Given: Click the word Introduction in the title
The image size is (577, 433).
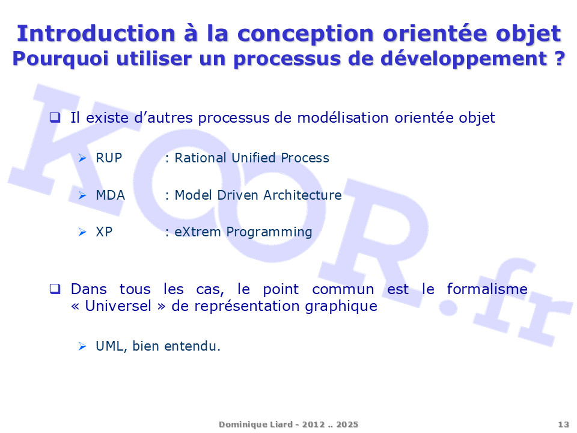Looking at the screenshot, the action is tap(96, 33).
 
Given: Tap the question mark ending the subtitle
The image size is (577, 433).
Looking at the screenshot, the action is tap(560, 58).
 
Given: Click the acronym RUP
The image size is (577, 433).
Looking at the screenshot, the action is tap(109, 158).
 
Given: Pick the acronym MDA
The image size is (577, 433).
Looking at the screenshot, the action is tap(111, 195).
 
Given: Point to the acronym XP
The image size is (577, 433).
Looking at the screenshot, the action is tap(104, 232).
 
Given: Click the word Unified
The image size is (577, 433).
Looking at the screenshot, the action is tap(254, 158).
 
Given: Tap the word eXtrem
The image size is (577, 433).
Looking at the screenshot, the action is tap(198, 232).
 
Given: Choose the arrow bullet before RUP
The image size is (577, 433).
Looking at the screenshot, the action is tap(82, 158).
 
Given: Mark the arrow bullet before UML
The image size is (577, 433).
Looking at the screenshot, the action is tap(82, 346).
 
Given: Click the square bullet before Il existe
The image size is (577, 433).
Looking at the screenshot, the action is tap(55, 117).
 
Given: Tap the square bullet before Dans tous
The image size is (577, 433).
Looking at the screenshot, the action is tap(55, 289).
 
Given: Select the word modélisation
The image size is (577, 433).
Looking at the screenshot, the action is tap(343, 118).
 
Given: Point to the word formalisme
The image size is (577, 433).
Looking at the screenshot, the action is tap(487, 289).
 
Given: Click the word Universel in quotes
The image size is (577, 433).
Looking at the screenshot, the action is tap(118, 306).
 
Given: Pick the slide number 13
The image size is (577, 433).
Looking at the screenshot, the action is tap(563, 425).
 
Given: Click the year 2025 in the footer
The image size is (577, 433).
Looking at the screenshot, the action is tap(347, 425).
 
